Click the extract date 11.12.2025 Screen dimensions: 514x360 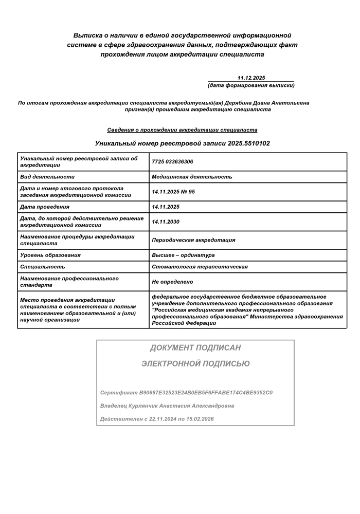click(251, 78)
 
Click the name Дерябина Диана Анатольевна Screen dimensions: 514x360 click(271, 103)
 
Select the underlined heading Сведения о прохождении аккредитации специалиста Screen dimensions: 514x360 click(182, 130)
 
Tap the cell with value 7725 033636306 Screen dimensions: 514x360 click(173, 162)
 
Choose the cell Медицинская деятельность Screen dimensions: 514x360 click(192, 177)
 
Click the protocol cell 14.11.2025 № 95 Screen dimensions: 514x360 click(173, 192)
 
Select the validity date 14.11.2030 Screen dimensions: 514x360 click(166, 222)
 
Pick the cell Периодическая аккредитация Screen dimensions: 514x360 click(193, 240)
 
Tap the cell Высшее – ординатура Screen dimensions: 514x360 click(183, 255)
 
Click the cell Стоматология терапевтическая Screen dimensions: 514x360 click(200, 267)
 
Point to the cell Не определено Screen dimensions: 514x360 click(172, 282)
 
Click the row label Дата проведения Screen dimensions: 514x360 click(45, 207)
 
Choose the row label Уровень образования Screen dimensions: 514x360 click(50, 255)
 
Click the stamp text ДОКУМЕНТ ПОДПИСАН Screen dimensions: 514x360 click(195, 348)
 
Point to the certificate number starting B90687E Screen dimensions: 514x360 click(206, 393)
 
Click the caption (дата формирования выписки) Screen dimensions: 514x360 click(251, 85)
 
